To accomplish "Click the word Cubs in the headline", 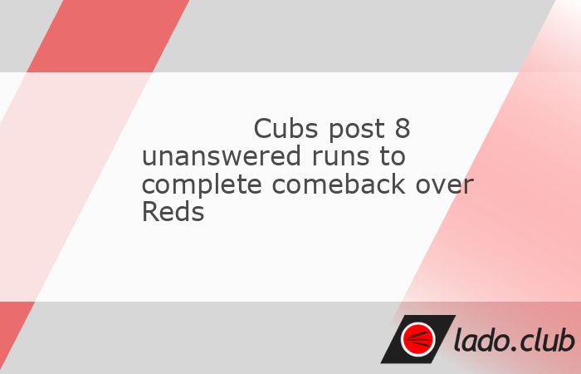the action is tap(286, 128).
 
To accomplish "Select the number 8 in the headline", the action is tap(403, 128).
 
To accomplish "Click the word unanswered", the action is tap(222, 156).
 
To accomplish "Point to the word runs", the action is tap(340, 158).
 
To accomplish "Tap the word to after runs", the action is tap(392, 156).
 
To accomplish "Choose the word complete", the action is tap(202, 185).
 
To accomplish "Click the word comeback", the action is tap(339, 184).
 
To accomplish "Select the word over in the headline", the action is tap(444, 185).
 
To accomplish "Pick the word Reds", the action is tap(173, 211).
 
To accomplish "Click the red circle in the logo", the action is tap(418, 339).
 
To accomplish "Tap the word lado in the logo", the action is tap(481, 339).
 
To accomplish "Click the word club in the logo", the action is tap(547, 339).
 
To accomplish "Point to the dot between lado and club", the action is tap(514, 349).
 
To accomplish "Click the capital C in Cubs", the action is tap(263, 128).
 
